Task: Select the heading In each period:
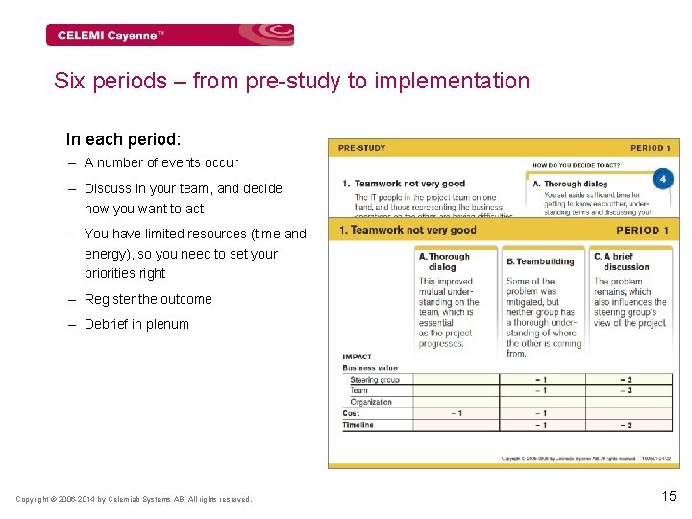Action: (123, 139)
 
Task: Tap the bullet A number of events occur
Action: (161, 162)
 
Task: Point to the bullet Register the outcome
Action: (148, 299)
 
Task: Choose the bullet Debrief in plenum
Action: (136, 324)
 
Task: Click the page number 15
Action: (669, 496)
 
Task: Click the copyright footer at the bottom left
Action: (134, 499)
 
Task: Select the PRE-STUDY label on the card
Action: (362, 148)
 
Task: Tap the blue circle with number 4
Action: (662, 180)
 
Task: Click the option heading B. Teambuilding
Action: (540, 260)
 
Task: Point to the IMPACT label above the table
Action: (357, 357)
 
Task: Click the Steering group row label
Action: (374, 380)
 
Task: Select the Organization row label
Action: (371, 402)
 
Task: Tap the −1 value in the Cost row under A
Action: (457, 413)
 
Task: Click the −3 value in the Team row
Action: (626, 391)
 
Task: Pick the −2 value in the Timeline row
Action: (626, 425)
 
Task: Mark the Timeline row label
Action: (359, 425)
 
